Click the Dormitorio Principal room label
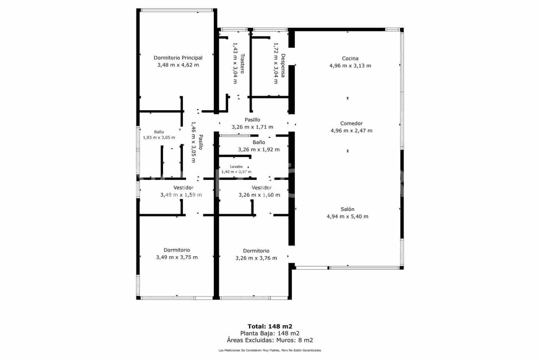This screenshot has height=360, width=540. click(x=178, y=58)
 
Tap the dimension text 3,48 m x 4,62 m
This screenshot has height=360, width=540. click(x=178, y=65)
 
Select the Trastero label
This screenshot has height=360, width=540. click(x=242, y=63)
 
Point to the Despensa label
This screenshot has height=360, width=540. click(x=283, y=65)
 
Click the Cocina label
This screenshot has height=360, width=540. click(x=350, y=58)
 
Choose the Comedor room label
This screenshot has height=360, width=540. click(x=351, y=123)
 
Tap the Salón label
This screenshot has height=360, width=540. click(x=347, y=209)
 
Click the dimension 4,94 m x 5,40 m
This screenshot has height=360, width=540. click(x=347, y=217)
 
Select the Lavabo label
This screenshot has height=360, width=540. click(x=236, y=167)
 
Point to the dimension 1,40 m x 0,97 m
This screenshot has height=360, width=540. click(x=236, y=172)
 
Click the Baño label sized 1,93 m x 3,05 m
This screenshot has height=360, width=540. click(x=159, y=132)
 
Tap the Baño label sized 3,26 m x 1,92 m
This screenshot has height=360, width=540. click(x=259, y=142)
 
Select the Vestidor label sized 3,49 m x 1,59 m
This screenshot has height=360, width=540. click(x=183, y=188)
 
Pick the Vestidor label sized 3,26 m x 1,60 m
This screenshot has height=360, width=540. click(x=262, y=188)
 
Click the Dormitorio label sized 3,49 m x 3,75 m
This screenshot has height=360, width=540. click(x=177, y=250)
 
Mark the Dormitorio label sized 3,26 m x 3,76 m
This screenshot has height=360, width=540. click(x=256, y=251)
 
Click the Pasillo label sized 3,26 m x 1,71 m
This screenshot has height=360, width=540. click(x=252, y=120)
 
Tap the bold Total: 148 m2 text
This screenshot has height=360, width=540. click(x=270, y=326)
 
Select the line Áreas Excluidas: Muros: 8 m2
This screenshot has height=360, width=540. click(x=270, y=340)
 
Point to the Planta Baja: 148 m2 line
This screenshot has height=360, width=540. click(x=270, y=333)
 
